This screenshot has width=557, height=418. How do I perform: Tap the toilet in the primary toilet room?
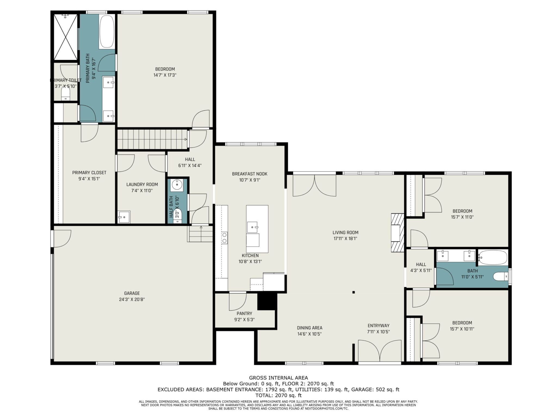coord(66,93)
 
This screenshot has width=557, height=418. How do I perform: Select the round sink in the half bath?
coord(177,185)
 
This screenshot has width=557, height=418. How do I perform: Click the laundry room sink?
coord(124,217)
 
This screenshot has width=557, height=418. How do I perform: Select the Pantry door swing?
coord(238,301)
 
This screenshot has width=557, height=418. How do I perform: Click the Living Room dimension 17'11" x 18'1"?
coord(345,239)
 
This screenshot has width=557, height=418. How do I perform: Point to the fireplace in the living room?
coord(397,233)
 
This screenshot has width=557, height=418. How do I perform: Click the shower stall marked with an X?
coord(66,37)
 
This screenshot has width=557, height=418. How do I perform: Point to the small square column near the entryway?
coord(353,292)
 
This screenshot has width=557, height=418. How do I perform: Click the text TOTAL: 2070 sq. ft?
coord(278,395)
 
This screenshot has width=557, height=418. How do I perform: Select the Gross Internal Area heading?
coord(278,378)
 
